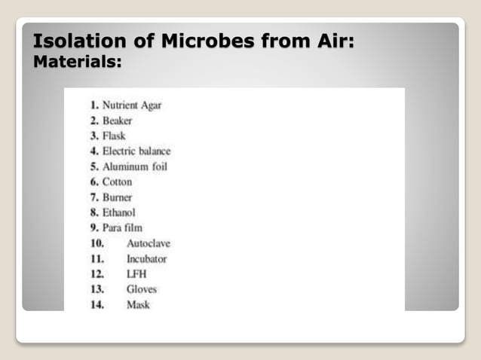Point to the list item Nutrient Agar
132,105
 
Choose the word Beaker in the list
118,121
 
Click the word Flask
114,136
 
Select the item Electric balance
136,151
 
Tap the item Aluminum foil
135,166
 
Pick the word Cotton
117,182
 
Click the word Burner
118,197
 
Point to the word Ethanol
119,212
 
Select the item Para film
122,227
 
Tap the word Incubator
147,259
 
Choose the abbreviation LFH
136,274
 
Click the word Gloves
142,289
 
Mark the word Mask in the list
139,305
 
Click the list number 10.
97,243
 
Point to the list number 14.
97,305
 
